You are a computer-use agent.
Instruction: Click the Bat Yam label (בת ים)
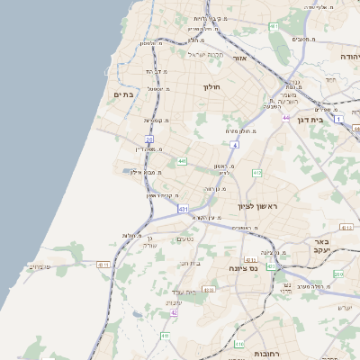(123, 94)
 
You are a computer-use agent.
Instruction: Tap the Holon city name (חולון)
(211, 86)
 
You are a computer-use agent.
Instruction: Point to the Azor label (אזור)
(239, 58)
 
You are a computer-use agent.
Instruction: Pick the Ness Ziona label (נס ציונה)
(242, 268)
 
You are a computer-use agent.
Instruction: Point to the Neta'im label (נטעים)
(184, 238)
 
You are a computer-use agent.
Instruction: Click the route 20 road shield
(149, 139)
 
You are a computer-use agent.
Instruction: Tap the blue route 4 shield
(234, 144)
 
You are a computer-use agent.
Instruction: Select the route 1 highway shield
(338, 119)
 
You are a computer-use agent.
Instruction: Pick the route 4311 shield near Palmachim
(103, 265)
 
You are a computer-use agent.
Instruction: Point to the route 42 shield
(174, 312)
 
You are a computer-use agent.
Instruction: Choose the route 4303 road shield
(209, 290)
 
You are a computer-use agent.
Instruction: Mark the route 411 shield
(165, 336)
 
